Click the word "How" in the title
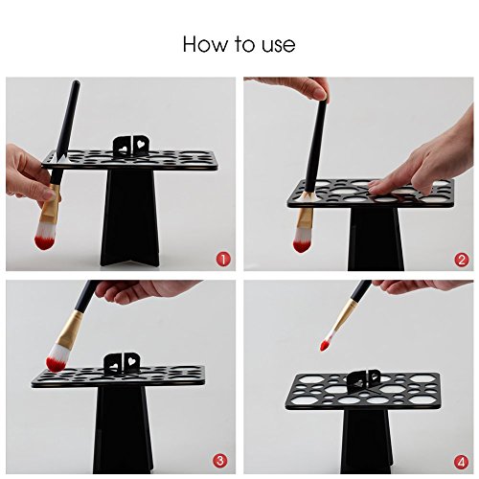204,44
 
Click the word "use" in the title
279,45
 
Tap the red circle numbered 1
223,259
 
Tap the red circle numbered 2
461,261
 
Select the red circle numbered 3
220,461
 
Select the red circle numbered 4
461,462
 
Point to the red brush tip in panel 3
56,364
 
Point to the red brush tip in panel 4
326,345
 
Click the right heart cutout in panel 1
140,144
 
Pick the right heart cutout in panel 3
131,361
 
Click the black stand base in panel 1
130,217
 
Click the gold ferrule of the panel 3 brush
69,330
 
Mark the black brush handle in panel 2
316,145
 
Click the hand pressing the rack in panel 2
424,160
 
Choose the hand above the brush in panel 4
422,286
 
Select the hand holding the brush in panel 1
29,175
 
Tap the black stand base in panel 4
368,442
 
